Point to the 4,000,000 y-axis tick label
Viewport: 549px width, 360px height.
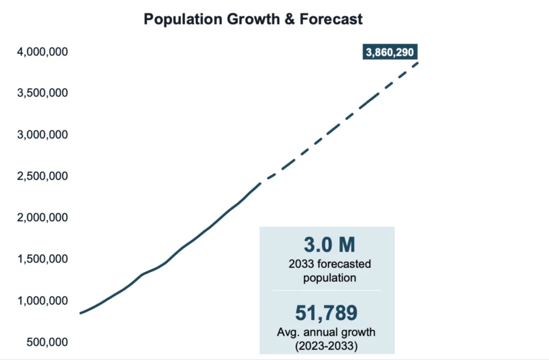coord(42,52)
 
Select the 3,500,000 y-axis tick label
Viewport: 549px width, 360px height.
coord(42,93)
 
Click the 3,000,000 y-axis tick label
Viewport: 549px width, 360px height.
coord(42,135)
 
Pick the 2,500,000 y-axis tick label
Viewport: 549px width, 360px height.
coord(42,177)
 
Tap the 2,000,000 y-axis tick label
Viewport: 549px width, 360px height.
coord(42,218)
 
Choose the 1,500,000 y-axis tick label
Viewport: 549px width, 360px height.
coord(42,259)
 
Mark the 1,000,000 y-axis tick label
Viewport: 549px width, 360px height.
coord(42,300)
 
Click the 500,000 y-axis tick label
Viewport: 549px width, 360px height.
coord(47,342)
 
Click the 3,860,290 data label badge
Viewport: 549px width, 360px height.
coord(390,53)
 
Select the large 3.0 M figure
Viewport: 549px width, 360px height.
coord(329,245)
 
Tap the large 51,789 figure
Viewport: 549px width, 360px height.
coord(327,313)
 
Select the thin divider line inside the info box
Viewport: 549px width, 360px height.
coord(327,290)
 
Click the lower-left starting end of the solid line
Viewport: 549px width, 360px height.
coord(80,313)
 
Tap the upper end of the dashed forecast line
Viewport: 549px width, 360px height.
coord(418,63)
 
